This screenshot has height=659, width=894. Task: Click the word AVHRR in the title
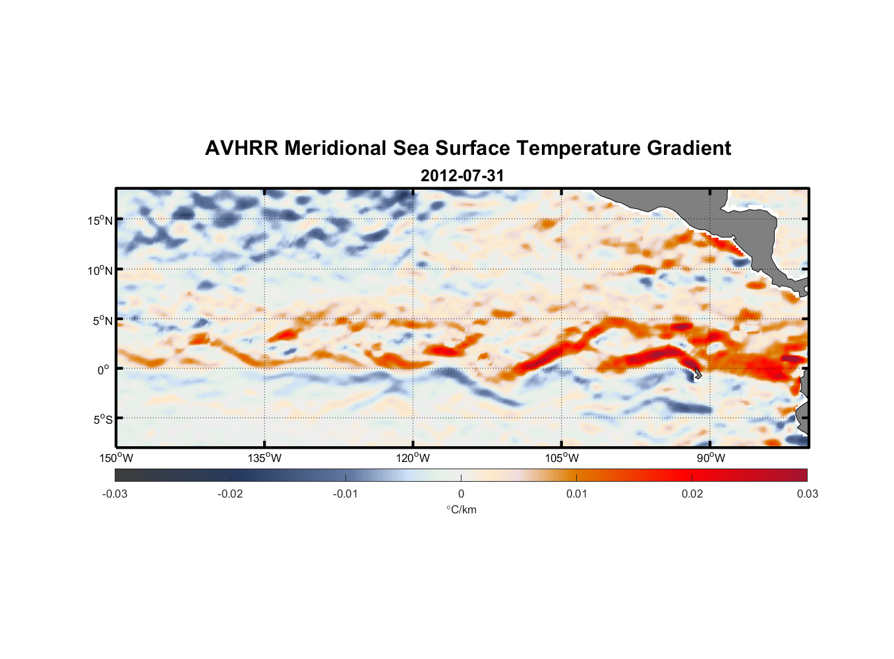[x=241, y=148]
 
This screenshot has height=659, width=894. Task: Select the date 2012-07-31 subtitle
[x=462, y=176]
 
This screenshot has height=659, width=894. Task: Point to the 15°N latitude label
[x=100, y=220]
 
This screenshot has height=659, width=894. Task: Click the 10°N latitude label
[x=100, y=270]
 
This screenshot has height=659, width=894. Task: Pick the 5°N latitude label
[x=102, y=320]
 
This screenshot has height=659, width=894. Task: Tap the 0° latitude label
[x=104, y=370]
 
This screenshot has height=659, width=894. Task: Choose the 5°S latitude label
[x=102, y=419]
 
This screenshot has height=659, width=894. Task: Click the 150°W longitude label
[x=117, y=458]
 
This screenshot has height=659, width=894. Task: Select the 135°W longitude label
[x=264, y=458]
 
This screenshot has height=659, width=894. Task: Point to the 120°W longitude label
[x=413, y=458]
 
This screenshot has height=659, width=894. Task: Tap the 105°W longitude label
[x=562, y=458]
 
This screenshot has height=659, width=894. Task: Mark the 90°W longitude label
[x=710, y=458]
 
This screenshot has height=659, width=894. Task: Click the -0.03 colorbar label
[x=115, y=494]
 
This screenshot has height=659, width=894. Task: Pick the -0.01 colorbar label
[x=345, y=494]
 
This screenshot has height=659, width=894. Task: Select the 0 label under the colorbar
[x=461, y=494]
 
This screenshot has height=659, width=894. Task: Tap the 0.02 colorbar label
[x=692, y=494]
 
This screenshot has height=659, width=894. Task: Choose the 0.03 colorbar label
[x=807, y=494]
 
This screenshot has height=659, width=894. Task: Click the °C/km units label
[x=461, y=509]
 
